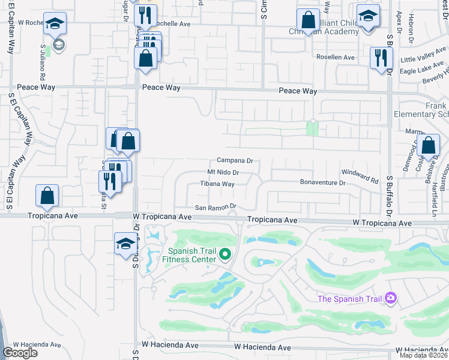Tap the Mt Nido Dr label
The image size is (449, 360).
[220, 173]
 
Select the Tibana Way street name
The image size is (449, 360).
[217, 184]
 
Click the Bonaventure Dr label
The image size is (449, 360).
[324, 182]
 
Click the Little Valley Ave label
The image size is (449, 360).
[420, 58]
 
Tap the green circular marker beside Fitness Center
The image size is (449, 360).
[225, 255]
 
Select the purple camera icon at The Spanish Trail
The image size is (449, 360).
[391, 298]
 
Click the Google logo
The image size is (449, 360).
[20, 353]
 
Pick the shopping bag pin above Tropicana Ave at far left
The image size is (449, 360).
[47, 196]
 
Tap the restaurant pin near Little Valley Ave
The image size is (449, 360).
[381, 58]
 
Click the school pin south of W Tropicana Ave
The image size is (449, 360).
[125, 244]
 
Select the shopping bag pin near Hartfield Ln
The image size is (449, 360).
[428, 145]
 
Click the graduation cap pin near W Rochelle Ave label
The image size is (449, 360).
[55, 24]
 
